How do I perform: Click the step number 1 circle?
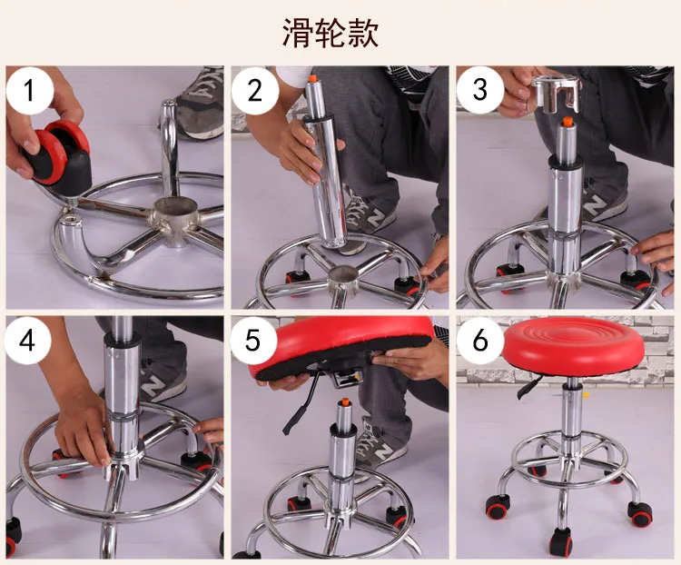[x=30, y=91]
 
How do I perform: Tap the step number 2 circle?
[x=254, y=91]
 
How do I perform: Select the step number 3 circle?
[x=480, y=89]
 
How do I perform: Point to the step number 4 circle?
[x=28, y=341]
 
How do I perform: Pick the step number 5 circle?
[x=252, y=340]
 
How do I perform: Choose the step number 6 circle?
[x=480, y=341]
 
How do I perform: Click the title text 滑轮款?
[x=331, y=33]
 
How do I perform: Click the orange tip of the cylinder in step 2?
[x=311, y=79]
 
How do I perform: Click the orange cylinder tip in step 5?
[x=345, y=403]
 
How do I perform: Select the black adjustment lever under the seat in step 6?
[x=529, y=387]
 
